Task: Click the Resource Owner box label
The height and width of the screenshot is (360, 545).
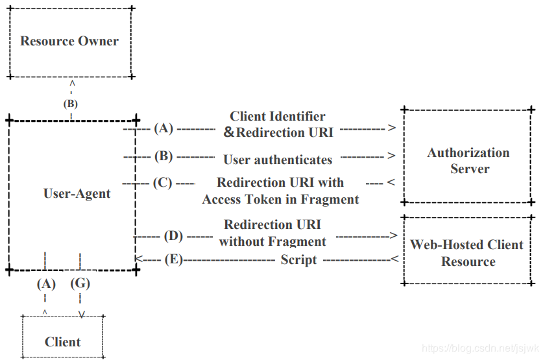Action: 69,41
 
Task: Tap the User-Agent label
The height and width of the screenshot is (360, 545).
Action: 77,193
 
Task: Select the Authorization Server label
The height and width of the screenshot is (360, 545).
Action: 468,161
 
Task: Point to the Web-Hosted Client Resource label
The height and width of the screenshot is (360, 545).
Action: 466,252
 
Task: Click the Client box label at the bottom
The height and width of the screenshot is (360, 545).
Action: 62,342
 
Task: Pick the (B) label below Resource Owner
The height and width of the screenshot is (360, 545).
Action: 71,104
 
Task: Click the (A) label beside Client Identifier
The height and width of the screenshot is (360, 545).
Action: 163,128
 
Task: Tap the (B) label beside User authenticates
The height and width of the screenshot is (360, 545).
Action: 163,156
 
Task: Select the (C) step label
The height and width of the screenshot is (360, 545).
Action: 163,183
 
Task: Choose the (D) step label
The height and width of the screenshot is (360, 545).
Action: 173,236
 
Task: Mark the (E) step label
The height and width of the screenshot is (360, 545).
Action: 174,259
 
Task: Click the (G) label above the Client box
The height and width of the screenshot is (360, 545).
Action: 80,283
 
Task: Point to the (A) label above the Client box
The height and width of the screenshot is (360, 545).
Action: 46,284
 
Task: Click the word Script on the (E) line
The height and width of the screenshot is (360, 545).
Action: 299,260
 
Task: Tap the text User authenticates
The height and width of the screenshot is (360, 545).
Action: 278,160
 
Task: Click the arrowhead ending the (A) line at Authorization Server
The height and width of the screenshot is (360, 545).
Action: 392,128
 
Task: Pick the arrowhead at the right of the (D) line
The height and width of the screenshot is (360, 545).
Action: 393,235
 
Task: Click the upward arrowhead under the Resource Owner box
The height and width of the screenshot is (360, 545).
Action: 72,84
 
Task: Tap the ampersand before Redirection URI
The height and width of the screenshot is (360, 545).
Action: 228,132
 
